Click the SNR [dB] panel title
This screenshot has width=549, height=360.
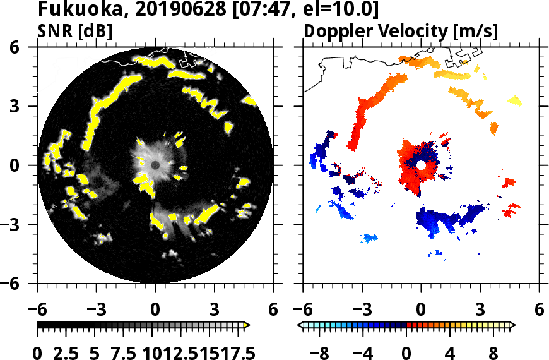pos(75,31)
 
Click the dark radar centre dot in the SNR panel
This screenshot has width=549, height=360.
pos(155,165)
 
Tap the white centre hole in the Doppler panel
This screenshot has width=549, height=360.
pos(421,165)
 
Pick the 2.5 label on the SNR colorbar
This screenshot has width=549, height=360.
pos(69,352)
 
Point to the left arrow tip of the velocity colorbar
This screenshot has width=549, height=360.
pos(300,325)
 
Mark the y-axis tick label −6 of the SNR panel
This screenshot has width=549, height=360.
pos(23,284)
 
